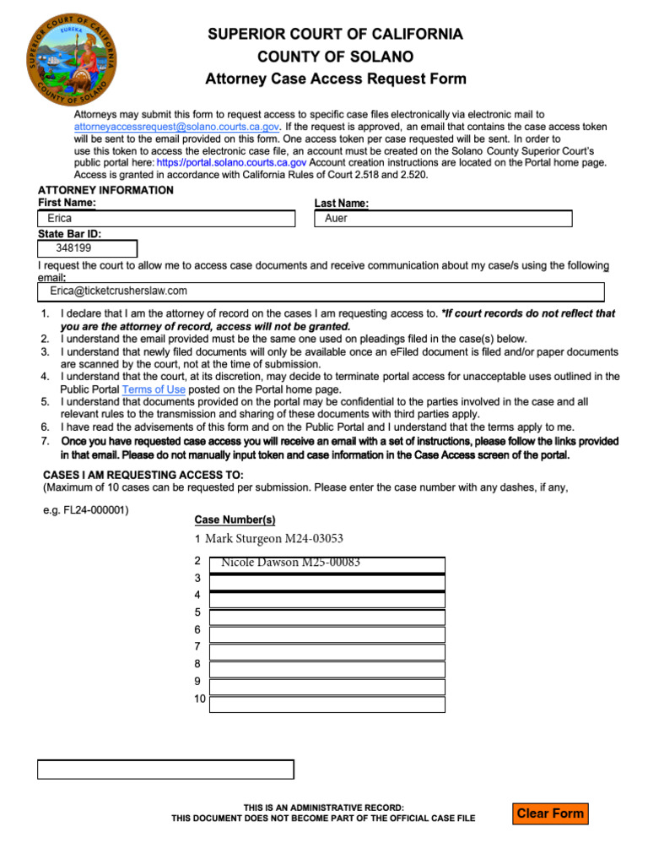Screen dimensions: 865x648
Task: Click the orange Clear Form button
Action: point(550,813)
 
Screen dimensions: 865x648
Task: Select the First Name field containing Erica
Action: point(166,219)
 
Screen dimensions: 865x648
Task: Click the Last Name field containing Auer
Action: point(443,219)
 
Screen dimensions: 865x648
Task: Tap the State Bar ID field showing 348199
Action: point(87,249)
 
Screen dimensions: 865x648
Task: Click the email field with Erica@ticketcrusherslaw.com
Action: point(321,291)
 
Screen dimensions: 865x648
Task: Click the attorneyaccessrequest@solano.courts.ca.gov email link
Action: point(176,126)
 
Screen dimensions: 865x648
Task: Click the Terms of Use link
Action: point(154,389)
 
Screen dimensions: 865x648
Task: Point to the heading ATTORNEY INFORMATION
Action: point(105,190)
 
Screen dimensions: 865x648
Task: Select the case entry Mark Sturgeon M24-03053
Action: point(274,539)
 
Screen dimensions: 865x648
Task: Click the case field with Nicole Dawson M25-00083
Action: point(327,564)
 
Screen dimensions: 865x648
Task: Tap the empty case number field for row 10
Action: point(327,704)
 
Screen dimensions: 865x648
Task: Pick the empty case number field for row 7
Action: point(327,651)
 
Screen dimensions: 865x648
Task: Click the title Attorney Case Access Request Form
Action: point(336,79)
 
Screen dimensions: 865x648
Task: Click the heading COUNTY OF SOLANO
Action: point(336,57)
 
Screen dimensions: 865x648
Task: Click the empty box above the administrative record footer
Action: point(165,770)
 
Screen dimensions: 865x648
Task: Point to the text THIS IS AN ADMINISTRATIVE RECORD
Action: point(324,808)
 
